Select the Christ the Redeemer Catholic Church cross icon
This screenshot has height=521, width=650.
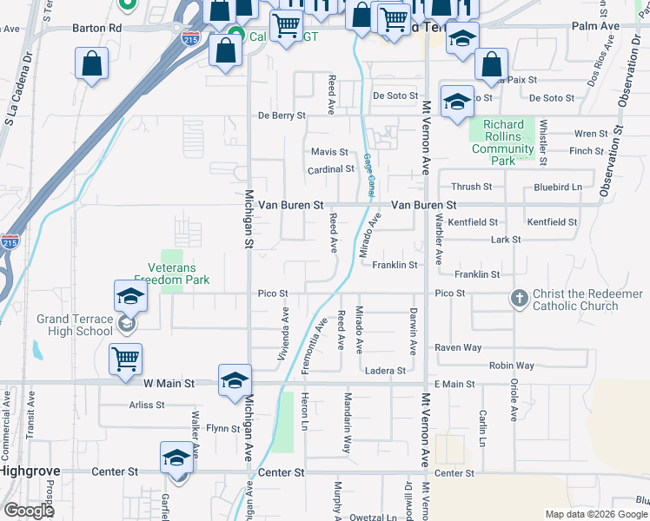(x=520, y=298)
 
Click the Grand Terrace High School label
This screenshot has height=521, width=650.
(x=75, y=325)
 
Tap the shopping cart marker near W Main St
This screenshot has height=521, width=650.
(x=126, y=358)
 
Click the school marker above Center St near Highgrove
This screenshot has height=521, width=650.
(x=176, y=458)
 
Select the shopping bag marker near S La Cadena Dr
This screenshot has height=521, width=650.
(x=91, y=63)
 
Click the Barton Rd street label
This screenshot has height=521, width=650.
(x=97, y=28)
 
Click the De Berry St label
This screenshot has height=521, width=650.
(x=282, y=115)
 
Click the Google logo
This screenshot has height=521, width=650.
(x=30, y=511)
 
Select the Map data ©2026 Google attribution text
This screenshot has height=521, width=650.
(x=595, y=514)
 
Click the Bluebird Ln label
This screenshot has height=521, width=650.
(x=558, y=187)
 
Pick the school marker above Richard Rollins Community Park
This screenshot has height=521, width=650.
(x=456, y=102)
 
